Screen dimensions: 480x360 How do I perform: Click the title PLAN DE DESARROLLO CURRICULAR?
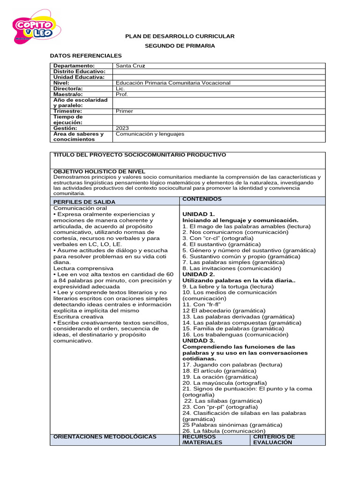click(x=180, y=37)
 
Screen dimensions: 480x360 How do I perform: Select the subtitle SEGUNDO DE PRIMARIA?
click(x=180, y=46)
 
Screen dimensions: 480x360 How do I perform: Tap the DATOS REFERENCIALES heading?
click(x=86, y=56)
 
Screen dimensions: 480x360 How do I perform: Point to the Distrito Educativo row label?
click(x=79, y=71)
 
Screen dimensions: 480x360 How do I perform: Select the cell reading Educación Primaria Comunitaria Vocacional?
click(x=173, y=83)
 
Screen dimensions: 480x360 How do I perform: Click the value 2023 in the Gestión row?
click(x=122, y=128)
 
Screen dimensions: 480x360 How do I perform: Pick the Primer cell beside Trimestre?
click(x=124, y=111)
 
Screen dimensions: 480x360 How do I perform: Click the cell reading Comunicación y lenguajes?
click(x=150, y=134)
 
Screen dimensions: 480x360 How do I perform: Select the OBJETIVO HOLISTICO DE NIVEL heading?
click(x=99, y=172)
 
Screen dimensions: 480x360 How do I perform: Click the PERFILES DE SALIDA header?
click(x=84, y=202)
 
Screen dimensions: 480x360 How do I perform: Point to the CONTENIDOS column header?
click(x=202, y=199)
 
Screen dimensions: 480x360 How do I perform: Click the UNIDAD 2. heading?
click(x=199, y=274)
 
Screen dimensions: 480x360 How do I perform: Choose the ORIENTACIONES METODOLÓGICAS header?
click(x=105, y=437)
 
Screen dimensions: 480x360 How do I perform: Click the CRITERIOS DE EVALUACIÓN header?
click(x=274, y=439)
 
